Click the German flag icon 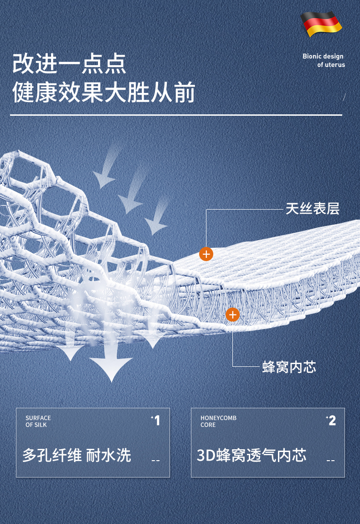pos(321,24)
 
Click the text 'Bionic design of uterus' pos(323,61)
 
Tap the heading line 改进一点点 pos(69,63)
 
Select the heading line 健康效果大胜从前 pos(104,92)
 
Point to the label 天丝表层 pos(313,209)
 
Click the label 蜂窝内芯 pos(289,367)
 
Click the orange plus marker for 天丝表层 pos(206,254)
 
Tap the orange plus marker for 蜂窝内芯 pos(232,314)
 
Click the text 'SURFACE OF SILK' pos(38,421)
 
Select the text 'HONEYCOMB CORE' pos(218,421)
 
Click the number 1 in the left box pos(157,421)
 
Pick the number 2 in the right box pos(332,421)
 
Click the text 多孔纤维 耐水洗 pos(77,455)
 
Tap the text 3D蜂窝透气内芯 pos(252,455)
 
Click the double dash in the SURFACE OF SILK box pos(155,461)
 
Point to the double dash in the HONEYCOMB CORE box pos(330,461)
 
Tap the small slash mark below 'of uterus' pos(344,96)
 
